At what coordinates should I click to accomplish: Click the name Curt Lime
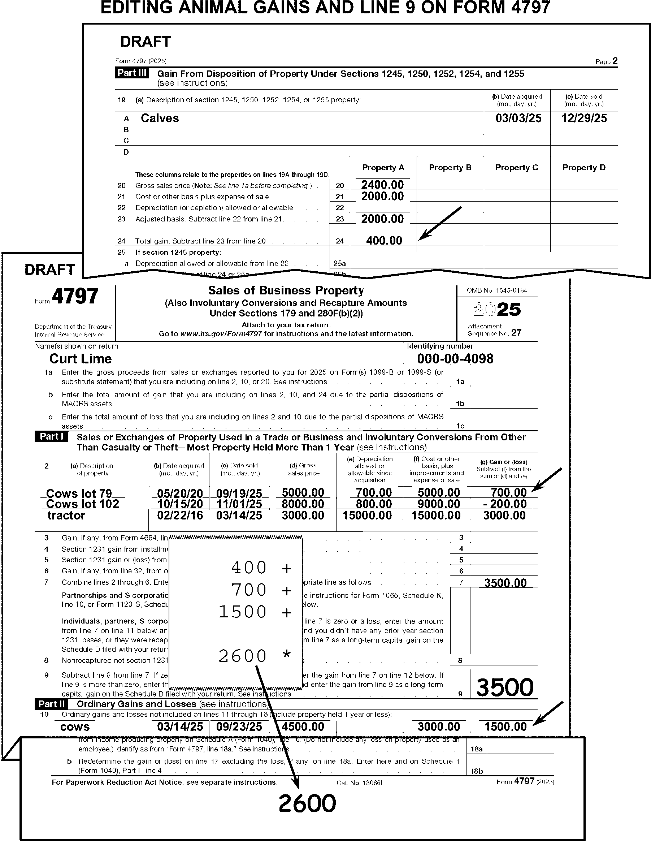pos(81,359)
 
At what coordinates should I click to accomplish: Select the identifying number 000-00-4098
pos(455,359)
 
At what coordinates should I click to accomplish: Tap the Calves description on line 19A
pos(160,118)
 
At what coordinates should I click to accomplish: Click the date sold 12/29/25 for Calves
pos(584,118)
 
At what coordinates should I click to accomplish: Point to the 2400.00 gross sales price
pos(382,185)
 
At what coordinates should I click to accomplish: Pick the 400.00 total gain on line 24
pos(384,241)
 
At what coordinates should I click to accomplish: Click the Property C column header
pos(517,168)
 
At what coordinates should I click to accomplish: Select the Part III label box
pos(132,73)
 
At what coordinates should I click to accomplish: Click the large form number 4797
pos(75,297)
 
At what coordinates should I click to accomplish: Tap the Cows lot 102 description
pos(82,504)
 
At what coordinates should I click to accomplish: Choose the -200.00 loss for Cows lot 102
pos(505,504)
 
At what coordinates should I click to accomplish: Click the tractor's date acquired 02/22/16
pos(180,516)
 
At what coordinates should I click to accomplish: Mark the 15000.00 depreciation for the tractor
pos(367,516)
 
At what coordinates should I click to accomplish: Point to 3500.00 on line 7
pos(505,583)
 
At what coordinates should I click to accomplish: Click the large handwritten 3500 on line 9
pos(505,687)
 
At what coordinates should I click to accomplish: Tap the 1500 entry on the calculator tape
pos(243,612)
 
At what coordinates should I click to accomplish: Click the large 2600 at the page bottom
pos(307,804)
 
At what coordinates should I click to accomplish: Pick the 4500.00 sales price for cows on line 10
pos(303,726)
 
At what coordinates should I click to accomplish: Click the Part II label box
pos(52,704)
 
